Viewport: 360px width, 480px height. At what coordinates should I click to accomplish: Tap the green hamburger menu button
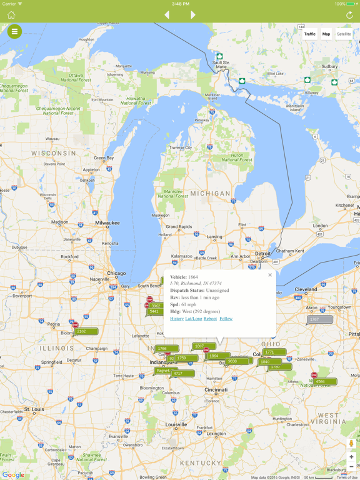point(14,31)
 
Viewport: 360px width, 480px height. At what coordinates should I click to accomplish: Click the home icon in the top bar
point(11,14)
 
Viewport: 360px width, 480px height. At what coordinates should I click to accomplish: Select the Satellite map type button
point(344,34)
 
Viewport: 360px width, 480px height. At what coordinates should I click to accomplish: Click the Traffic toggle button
point(310,34)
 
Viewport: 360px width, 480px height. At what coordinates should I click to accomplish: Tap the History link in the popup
point(177,319)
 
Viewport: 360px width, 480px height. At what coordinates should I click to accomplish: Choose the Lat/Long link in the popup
point(194,319)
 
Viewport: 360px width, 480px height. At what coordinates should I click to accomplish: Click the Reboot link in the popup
point(210,319)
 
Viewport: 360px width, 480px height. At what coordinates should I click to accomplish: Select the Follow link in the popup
point(226,319)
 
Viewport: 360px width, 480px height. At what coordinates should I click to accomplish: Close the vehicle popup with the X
point(270,275)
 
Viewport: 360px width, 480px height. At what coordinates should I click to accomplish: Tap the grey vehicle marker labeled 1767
point(319,319)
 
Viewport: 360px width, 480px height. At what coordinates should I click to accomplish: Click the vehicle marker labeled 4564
point(324,381)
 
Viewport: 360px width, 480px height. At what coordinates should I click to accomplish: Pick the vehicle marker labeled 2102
point(85,331)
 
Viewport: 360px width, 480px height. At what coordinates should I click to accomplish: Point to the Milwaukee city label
point(107,222)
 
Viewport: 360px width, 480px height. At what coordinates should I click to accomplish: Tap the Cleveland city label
point(306,289)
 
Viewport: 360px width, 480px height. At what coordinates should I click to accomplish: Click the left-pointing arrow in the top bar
point(167,14)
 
